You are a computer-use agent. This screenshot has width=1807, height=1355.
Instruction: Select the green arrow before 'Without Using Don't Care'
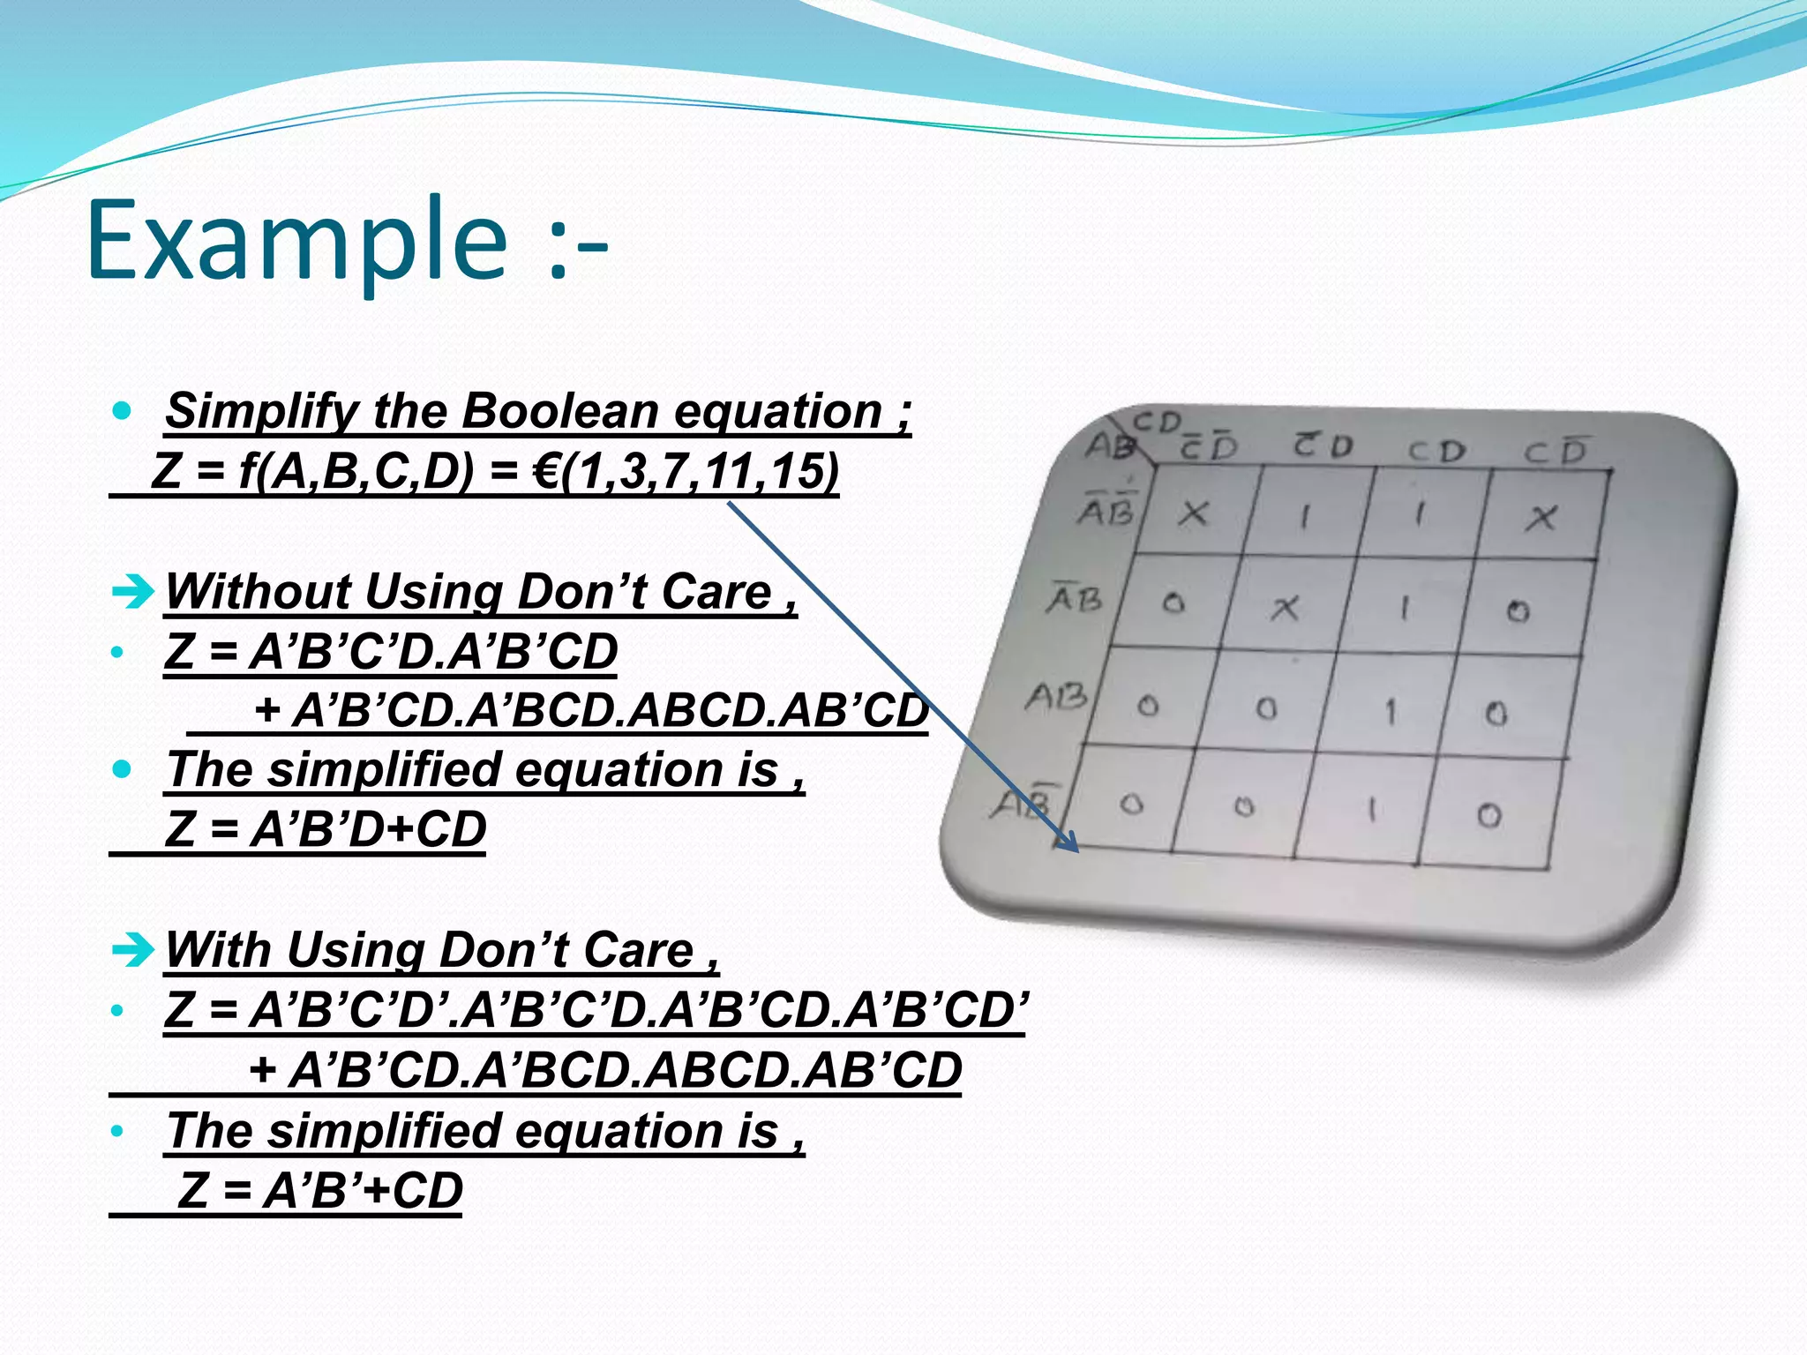pos(133,591)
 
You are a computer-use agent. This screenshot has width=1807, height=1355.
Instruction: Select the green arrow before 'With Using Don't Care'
pos(133,950)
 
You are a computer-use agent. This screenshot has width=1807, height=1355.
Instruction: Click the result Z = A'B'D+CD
pos(326,829)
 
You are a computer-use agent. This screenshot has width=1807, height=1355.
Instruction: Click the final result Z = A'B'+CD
pos(319,1190)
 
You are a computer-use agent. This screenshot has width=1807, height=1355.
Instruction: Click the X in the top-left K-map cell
pos(1194,513)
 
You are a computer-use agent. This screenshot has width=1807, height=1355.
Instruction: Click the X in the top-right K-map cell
pos(1541,518)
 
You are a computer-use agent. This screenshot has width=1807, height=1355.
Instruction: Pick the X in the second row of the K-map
pos(1285,608)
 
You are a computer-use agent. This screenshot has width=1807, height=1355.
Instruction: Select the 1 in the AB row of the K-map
pos(1391,711)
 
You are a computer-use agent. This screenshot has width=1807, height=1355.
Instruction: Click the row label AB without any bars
pos(1056,697)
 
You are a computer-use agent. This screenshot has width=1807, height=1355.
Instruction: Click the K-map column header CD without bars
pos(1436,452)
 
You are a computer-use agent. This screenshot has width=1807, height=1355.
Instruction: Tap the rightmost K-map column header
pos(1555,452)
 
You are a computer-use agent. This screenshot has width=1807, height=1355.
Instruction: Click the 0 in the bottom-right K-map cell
pos(1489,815)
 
